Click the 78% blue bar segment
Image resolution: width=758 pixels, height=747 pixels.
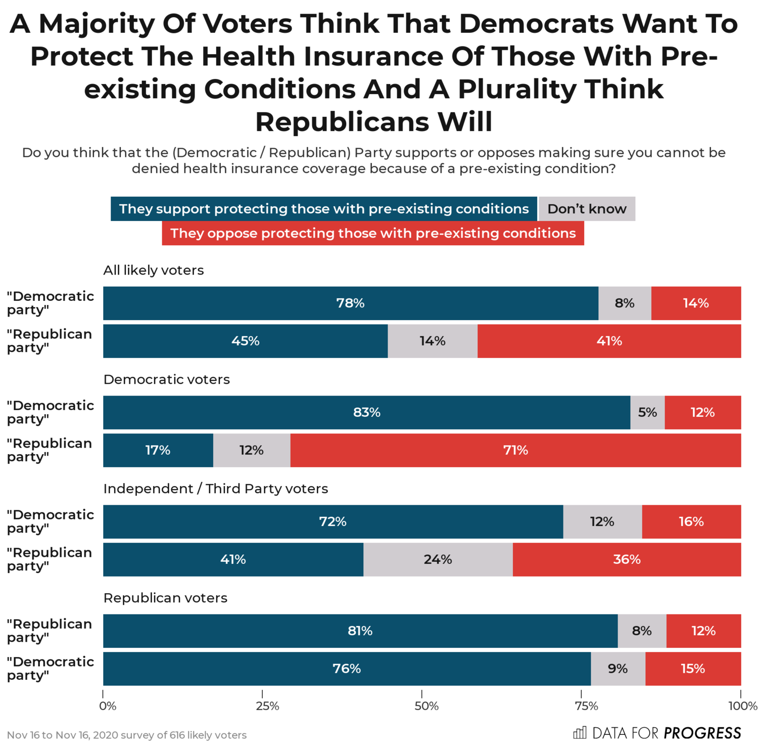350,303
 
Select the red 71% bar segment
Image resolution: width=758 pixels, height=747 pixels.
515,450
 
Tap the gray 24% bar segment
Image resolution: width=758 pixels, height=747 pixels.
438,559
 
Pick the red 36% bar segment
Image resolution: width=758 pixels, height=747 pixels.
627,559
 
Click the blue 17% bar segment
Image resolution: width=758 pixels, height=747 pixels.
158,450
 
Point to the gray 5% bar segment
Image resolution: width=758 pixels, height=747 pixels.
647,412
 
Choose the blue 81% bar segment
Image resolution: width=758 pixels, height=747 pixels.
360,631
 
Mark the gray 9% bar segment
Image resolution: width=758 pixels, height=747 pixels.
618,669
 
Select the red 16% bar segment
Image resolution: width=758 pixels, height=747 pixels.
691,521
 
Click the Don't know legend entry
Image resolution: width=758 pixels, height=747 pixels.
587,209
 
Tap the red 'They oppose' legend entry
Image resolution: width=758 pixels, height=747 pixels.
373,233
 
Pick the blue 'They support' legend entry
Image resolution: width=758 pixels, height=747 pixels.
324,209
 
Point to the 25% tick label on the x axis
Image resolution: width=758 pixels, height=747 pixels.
267,706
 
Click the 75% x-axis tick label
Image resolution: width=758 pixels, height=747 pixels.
586,706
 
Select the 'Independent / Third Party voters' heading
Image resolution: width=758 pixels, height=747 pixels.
216,489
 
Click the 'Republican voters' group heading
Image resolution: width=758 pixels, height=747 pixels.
165,598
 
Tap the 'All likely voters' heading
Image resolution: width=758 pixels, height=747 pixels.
154,270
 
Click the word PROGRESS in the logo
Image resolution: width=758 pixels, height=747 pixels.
702,733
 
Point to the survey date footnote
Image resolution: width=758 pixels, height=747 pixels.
127,735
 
